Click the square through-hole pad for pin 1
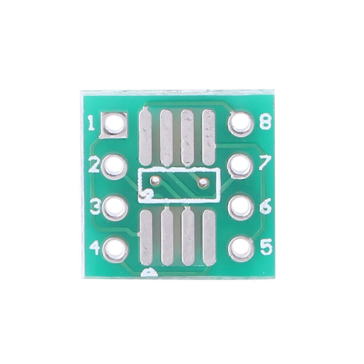[113, 125]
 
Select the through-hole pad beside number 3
[115, 208]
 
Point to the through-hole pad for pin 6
[241, 208]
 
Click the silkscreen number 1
[91, 124]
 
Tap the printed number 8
[265, 122]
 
